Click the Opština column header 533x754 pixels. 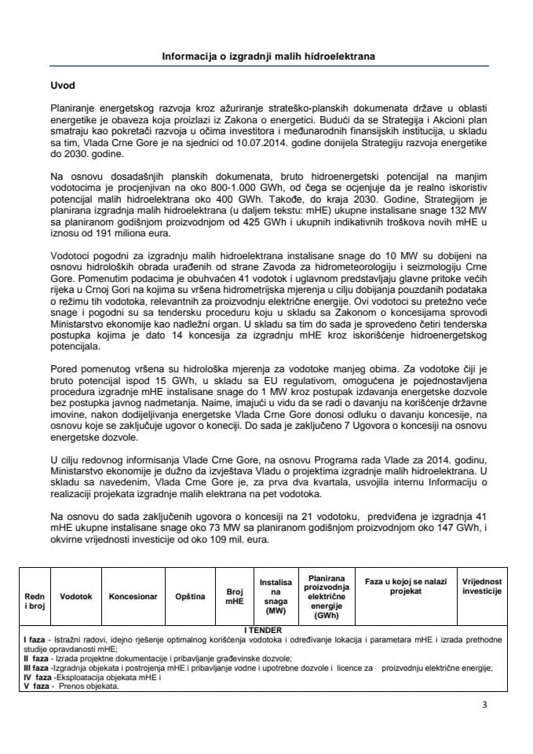[190, 596]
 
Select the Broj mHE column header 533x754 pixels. [235, 596]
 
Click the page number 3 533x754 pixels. [484, 705]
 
